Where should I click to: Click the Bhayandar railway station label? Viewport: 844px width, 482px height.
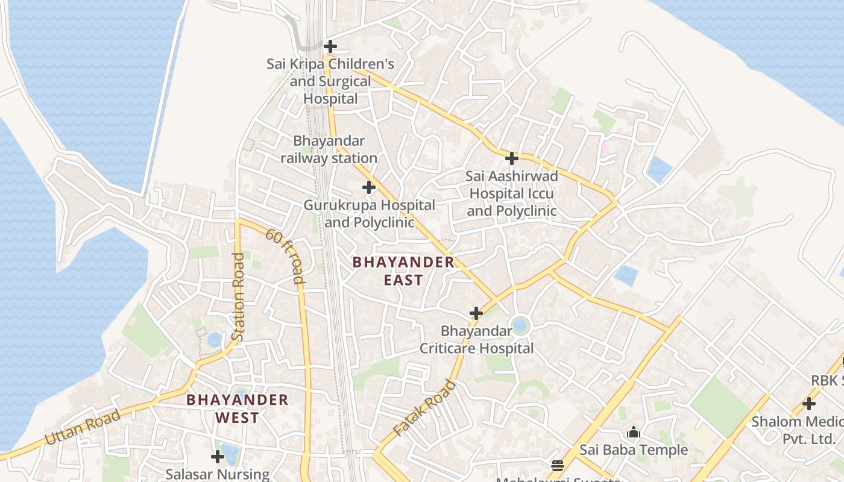point(329,149)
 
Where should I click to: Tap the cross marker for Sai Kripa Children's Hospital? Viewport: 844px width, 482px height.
point(330,46)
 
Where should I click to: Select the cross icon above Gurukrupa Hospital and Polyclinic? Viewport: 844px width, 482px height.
point(369,187)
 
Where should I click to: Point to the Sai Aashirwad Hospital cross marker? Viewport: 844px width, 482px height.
point(511,158)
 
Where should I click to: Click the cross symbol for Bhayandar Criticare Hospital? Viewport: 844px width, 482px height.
point(476,313)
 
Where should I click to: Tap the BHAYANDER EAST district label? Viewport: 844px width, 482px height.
point(403,271)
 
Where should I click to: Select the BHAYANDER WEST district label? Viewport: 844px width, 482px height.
point(237,408)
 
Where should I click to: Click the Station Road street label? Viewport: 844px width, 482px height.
point(238,297)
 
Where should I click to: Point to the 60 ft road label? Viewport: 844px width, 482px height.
point(286,256)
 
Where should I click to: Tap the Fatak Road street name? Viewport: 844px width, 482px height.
point(424,408)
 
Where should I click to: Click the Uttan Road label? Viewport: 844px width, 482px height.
point(82,427)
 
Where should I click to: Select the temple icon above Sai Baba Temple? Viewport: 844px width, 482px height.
point(633,432)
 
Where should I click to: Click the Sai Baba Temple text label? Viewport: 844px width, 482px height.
point(633,449)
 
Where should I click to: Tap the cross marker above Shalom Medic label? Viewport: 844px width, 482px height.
point(809,404)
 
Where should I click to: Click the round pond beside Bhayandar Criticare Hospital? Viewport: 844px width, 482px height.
point(520,327)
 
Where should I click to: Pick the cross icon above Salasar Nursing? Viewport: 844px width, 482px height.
point(217,457)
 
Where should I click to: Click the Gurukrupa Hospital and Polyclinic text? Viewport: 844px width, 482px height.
point(369,213)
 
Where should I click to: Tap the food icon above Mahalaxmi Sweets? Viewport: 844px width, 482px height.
point(557,465)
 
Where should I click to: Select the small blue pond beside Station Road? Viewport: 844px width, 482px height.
point(215,339)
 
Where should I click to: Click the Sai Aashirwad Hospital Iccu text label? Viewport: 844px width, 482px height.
point(511,193)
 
